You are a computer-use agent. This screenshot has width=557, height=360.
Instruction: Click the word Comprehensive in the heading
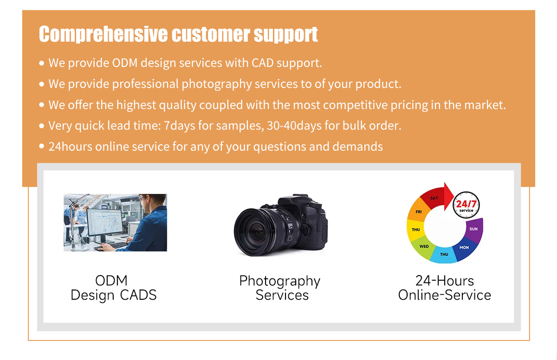103,34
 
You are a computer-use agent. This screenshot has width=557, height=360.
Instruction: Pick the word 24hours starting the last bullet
70,147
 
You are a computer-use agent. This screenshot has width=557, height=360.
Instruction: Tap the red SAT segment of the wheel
434,198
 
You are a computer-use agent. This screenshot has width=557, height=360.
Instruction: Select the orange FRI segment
419,212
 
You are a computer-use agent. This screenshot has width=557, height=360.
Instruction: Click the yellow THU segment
416,230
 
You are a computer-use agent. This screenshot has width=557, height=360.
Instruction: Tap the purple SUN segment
473,229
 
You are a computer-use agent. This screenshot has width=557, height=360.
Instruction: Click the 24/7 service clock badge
466,205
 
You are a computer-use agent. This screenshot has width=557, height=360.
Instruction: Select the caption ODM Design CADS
113,288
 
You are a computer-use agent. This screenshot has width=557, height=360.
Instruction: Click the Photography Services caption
280,288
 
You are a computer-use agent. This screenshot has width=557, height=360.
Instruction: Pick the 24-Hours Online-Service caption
444,288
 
